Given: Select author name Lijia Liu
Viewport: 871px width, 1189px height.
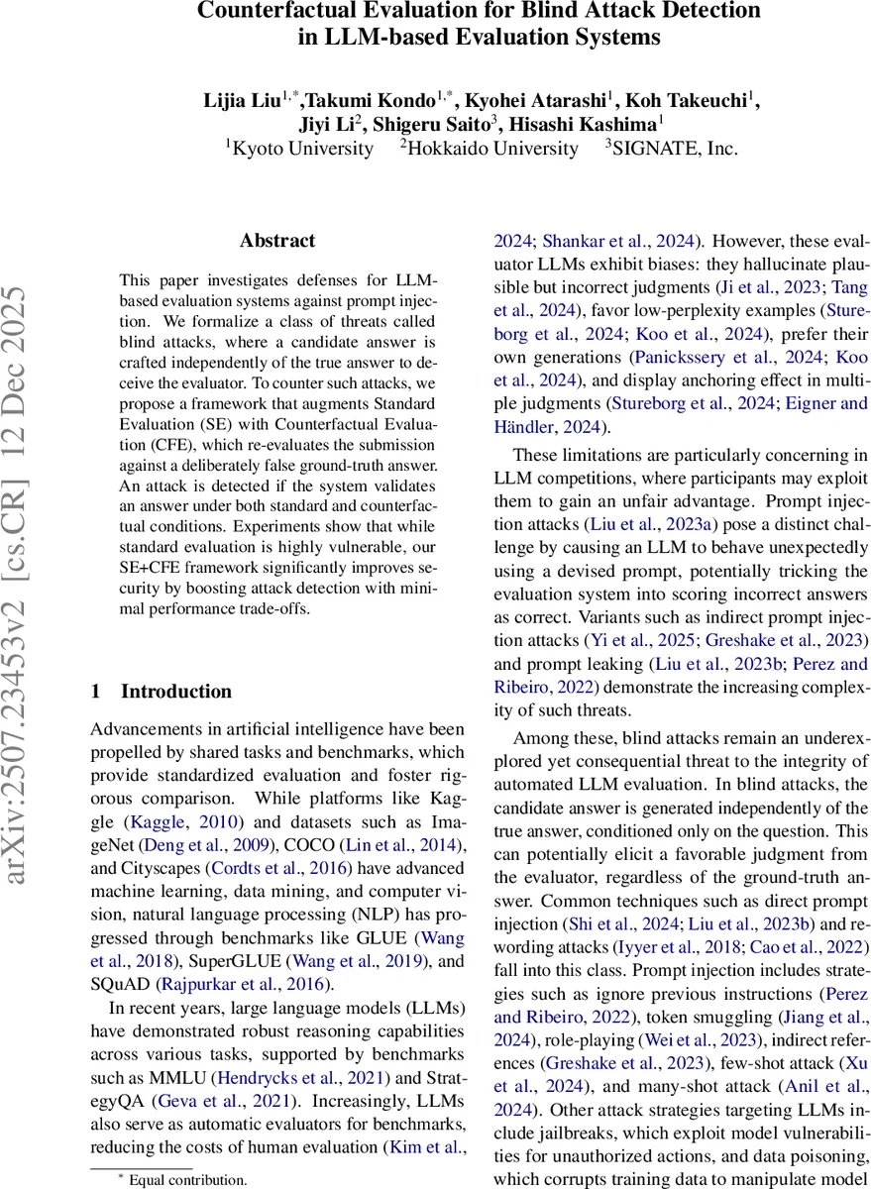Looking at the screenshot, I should tap(241, 100).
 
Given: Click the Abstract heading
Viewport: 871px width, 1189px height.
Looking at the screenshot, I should tap(277, 241).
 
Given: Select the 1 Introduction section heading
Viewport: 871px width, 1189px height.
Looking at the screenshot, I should tap(161, 692).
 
